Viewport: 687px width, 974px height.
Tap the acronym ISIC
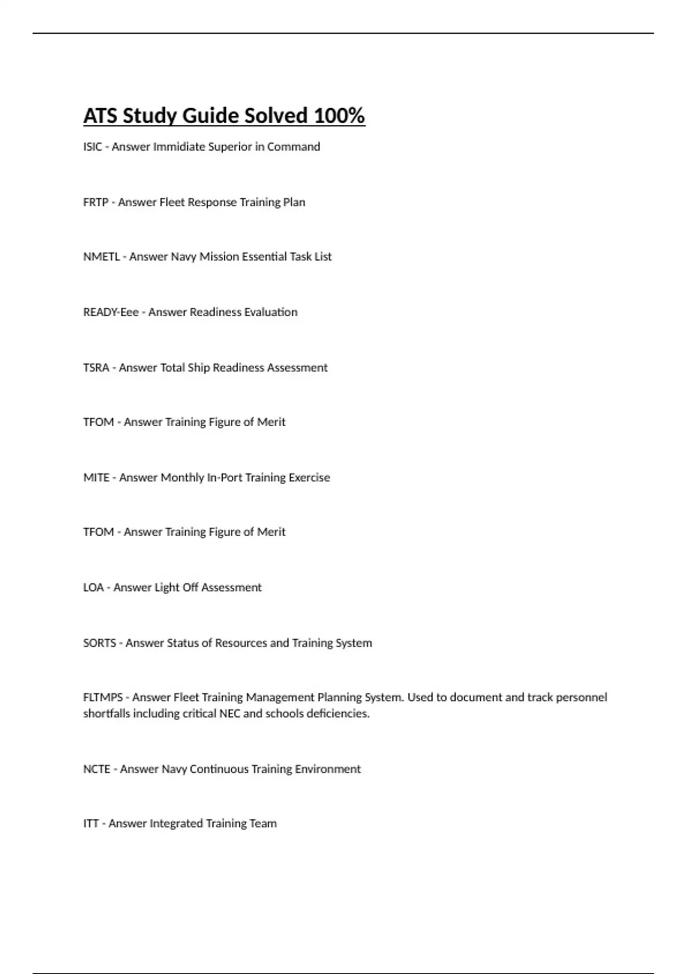92,147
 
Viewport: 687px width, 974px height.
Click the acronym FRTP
96,202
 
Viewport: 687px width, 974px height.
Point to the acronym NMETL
101,257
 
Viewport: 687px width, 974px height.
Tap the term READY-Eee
110,312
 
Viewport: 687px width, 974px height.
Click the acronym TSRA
96,368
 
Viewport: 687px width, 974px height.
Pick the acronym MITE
96,478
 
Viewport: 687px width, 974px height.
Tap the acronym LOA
93,588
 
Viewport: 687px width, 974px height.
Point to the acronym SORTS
100,643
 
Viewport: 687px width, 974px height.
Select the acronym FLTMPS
103,698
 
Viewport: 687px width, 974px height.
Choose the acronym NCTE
97,769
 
